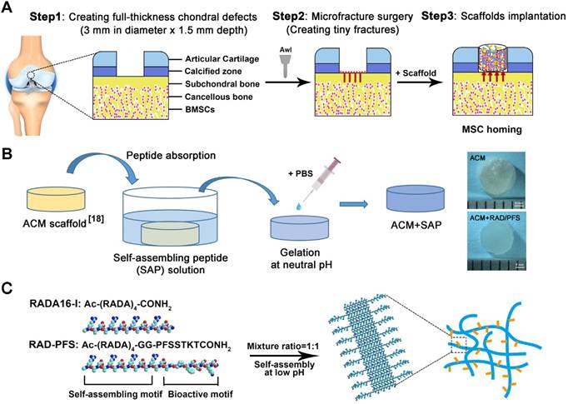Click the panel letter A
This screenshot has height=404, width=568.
[8, 9]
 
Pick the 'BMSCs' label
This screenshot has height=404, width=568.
[189, 109]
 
